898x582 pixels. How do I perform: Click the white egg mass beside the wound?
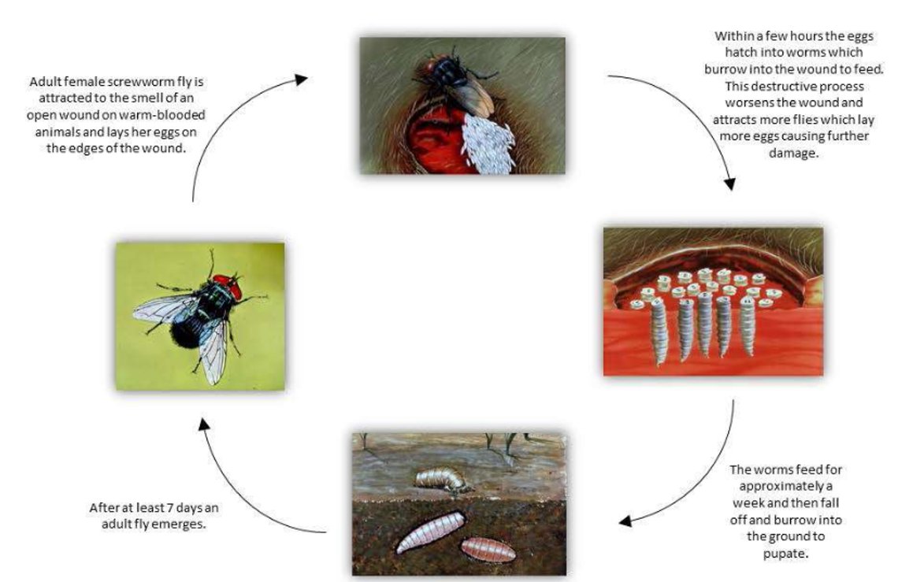click(488, 143)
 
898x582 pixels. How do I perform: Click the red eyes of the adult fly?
click(228, 287)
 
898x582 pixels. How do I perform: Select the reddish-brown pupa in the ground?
click(488, 550)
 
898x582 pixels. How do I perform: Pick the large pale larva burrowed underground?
click(431, 532)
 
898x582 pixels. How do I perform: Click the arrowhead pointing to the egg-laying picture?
click(301, 79)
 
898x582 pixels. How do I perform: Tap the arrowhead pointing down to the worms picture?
click(729, 183)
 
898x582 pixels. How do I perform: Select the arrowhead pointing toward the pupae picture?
click(625, 521)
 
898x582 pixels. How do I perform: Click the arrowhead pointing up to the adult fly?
click(204, 424)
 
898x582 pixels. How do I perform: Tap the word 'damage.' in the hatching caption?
click(793, 154)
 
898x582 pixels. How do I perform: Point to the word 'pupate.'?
click(785, 554)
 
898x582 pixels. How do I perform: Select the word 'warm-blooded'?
click(162, 115)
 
